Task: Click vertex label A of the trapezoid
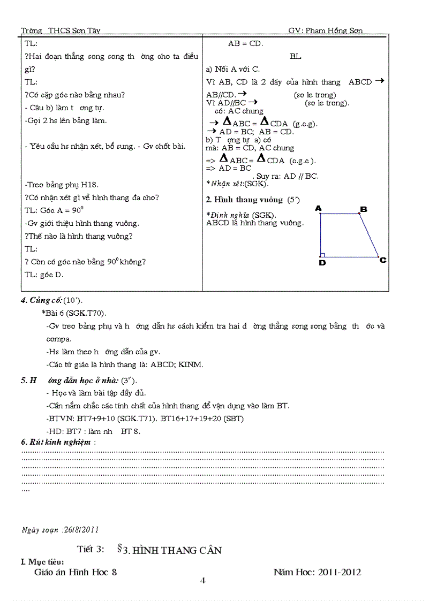(x=318, y=208)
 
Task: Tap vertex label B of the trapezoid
(x=363, y=209)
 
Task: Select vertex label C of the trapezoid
(x=383, y=260)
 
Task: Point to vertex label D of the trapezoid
(x=322, y=263)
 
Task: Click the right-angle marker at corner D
(x=322, y=255)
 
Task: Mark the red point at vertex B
(x=359, y=214)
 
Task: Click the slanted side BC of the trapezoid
(x=369, y=235)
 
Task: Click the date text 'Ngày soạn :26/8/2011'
(x=60, y=530)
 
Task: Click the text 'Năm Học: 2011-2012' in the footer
(x=317, y=572)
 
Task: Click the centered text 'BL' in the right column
(x=296, y=56)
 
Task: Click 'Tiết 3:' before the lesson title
(x=90, y=550)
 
